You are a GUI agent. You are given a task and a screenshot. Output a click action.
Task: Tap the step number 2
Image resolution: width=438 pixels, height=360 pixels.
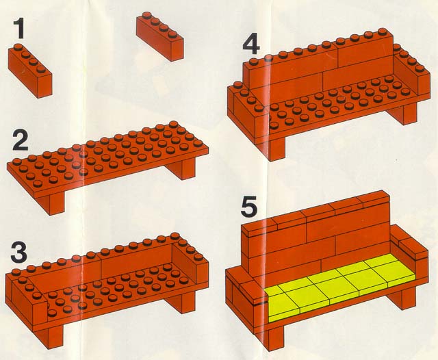[x=21, y=142]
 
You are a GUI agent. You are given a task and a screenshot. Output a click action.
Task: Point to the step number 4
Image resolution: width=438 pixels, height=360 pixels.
[x=251, y=44]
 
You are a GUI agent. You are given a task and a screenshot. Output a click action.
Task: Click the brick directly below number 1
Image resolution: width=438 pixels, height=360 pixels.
[x=30, y=71]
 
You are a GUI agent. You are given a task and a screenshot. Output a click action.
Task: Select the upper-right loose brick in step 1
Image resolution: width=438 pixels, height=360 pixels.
[x=159, y=36]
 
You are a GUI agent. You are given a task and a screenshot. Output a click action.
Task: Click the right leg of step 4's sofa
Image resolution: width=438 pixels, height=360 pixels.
[x=404, y=114]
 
